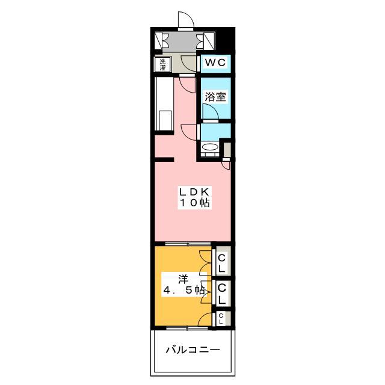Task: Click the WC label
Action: [215, 63]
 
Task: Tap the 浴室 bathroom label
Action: [215, 97]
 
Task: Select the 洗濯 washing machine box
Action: [162, 64]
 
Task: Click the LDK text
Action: [194, 191]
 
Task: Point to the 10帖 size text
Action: [195, 203]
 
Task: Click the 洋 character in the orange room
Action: [183, 279]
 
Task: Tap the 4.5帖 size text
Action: [184, 291]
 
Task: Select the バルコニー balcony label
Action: [192, 350]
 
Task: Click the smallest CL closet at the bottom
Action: [222, 319]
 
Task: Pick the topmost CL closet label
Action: [221, 263]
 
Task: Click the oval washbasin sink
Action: [210, 147]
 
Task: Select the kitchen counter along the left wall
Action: [164, 104]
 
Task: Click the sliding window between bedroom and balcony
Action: [187, 328]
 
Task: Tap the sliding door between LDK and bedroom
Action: [188, 244]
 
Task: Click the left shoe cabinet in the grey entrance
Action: [158, 40]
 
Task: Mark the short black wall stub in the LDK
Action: [164, 159]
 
